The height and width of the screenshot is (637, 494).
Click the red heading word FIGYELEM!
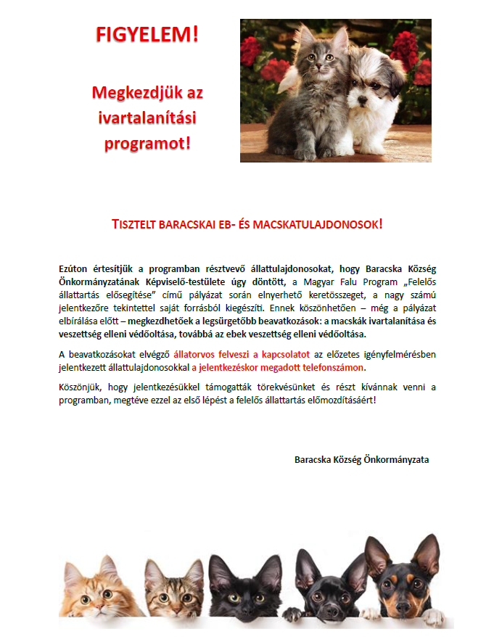click(148, 34)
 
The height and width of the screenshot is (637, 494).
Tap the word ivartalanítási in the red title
click(148, 117)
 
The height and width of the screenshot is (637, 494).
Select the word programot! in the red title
click(148, 142)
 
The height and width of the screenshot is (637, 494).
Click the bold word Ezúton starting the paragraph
click(75, 269)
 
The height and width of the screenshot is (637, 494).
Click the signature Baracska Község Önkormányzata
click(361, 460)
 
